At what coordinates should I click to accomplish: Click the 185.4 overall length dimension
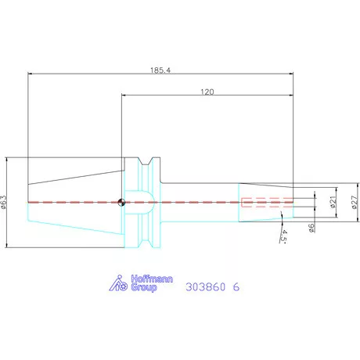tap(163, 70)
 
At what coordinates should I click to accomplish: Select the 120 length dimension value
tap(207, 92)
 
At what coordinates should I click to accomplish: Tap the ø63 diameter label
tap(5, 203)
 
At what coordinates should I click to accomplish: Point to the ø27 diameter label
tap(354, 202)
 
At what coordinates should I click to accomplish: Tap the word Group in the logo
tap(142, 288)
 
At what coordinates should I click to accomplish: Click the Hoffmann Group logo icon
tap(116, 284)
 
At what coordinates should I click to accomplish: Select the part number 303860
tap(205, 287)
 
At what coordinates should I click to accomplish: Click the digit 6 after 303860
tap(236, 287)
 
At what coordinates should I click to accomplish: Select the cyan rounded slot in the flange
tap(142, 202)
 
